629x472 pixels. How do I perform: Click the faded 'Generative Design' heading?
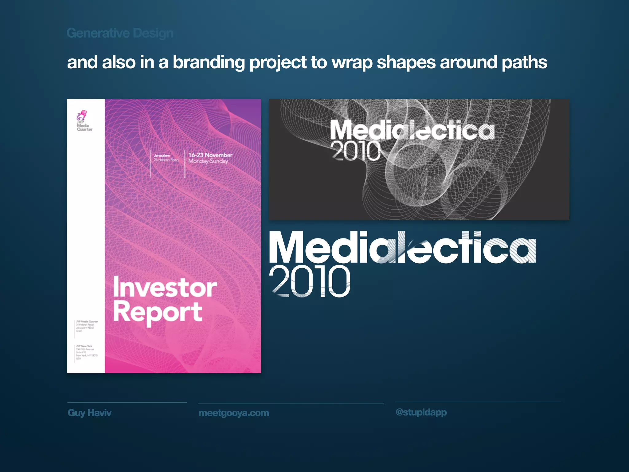(x=120, y=33)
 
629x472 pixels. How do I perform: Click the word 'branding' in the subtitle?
(x=209, y=62)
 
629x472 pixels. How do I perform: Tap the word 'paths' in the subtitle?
(x=524, y=62)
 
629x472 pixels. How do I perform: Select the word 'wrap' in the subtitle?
(x=352, y=63)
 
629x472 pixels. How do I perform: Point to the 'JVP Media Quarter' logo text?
(x=84, y=126)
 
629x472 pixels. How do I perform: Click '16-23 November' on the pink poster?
(x=210, y=155)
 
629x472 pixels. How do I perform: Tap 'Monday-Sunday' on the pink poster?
(x=208, y=161)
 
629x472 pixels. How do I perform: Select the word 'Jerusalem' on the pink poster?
(x=162, y=155)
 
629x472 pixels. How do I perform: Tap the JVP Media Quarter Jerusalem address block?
(x=87, y=326)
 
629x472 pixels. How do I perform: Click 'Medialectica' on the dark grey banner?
(x=412, y=130)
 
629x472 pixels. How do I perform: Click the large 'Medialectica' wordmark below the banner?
(x=402, y=248)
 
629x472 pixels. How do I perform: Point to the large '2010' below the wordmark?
(x=310, y=281)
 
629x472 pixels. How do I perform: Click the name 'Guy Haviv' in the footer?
(x=89, y=413)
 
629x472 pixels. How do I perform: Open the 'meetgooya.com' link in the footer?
(x=234, y=413)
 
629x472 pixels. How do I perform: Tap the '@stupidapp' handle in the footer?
(x=421, y=412)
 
